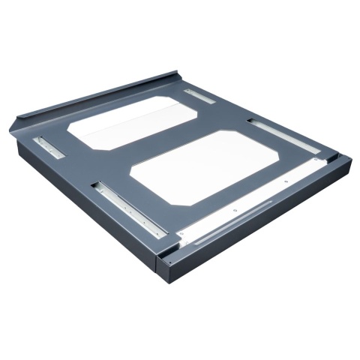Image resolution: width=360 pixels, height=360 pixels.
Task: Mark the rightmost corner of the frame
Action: [348, 159]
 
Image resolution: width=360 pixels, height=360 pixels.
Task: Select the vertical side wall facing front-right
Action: [262, 225]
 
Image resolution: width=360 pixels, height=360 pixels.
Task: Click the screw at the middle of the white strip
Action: [235, 212]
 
